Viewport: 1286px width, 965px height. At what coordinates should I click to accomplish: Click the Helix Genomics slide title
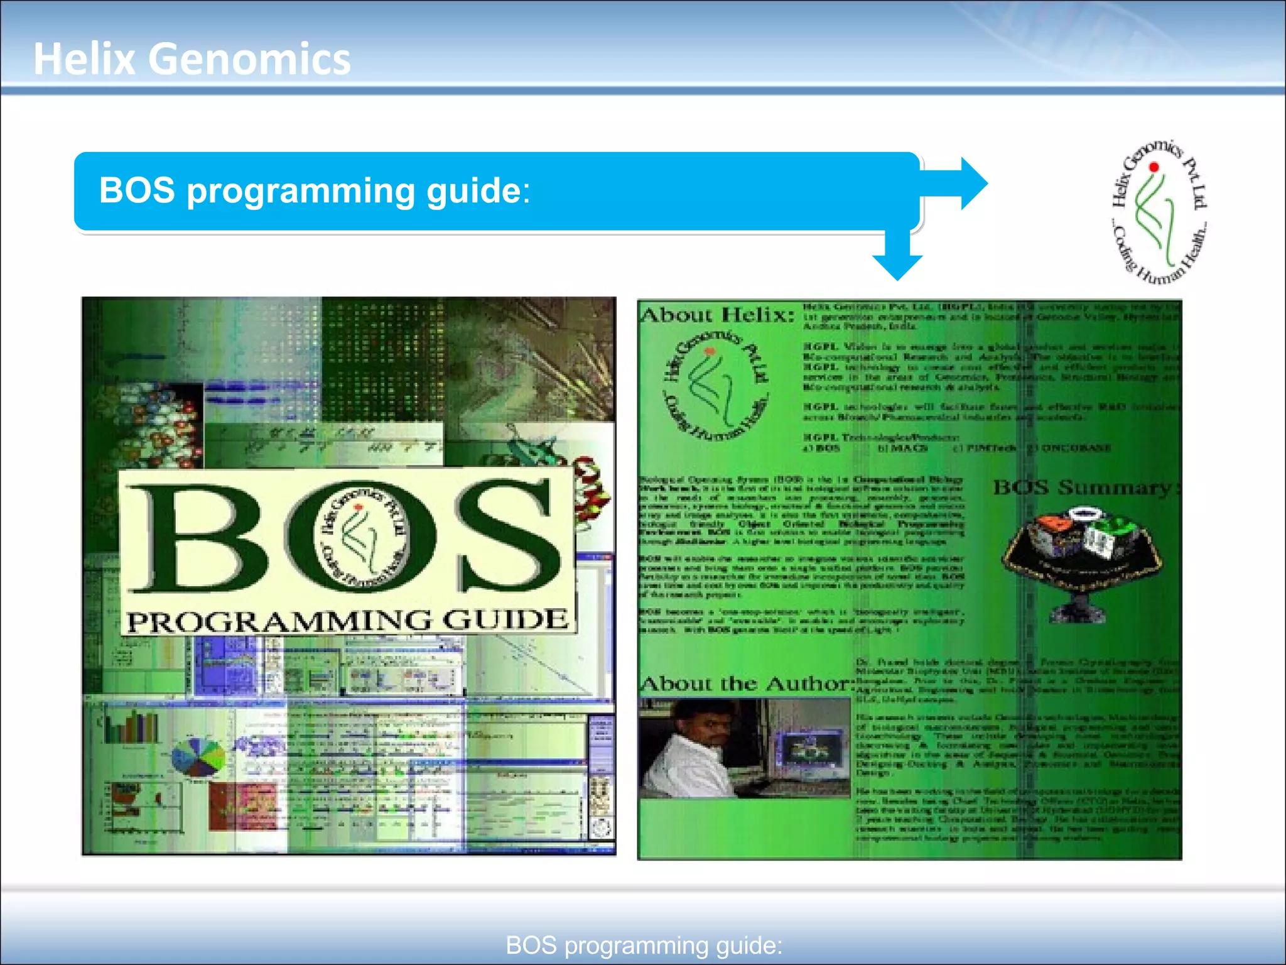[192, 59]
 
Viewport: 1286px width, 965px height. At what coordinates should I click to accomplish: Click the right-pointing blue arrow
[961, 183]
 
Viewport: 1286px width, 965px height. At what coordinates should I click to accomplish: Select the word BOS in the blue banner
[137, 190]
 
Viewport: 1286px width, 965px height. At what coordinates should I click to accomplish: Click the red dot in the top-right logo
[1154, 167]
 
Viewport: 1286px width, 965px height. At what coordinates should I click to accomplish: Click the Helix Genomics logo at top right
[1159, 211]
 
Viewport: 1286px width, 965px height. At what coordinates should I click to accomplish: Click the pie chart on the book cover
[198, 758]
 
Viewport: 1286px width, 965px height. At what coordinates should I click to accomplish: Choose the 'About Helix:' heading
[717, 315]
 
